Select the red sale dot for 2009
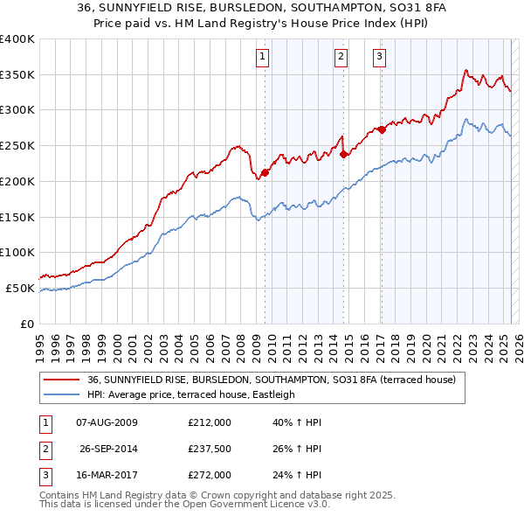point(265,172)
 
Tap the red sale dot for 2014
point(344,154)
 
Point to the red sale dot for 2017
point(382,129)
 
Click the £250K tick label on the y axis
point(17,145)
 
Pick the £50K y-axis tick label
point(20,288)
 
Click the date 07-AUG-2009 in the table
point(107,423)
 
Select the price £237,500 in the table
point(210,450)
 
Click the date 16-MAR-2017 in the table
point(107,476)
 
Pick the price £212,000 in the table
point(210,423)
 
